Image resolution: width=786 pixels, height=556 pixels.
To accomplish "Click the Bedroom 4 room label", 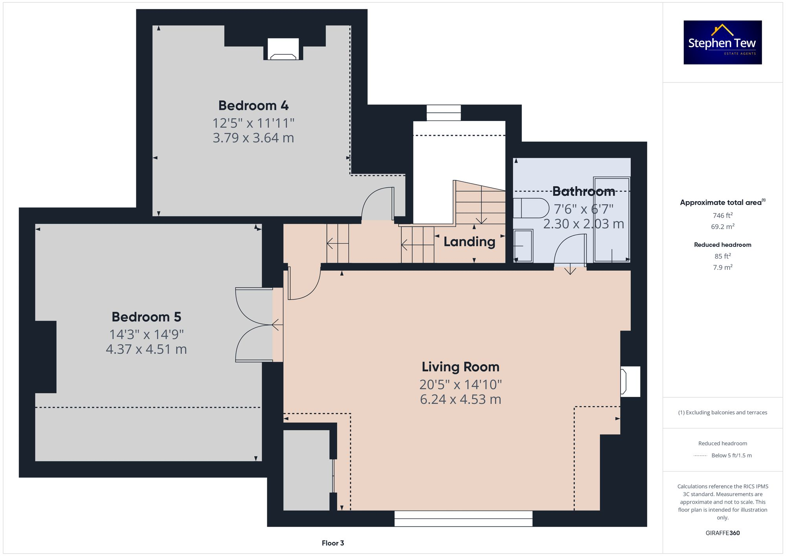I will coord(253,105).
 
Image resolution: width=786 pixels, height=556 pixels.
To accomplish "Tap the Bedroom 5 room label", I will coord(146,317).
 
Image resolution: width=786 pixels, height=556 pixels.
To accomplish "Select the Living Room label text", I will coord(460,367).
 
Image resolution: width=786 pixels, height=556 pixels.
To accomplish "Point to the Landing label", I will coord(469,242).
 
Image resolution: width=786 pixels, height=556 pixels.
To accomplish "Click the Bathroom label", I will coord(583,191).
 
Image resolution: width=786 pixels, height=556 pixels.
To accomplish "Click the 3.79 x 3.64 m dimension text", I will coord(253,138).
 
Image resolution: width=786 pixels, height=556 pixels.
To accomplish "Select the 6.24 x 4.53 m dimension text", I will coord(460,399).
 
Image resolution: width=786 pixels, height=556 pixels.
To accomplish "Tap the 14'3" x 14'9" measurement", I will coord(146,334).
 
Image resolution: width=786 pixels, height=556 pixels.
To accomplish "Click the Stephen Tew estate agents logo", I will coord(722,42).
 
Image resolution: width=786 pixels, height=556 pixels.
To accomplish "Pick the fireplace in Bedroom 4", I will coord(283,50).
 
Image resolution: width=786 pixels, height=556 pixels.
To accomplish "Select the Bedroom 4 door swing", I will coord(377,204).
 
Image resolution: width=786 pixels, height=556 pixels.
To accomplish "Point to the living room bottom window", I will coord(463,518).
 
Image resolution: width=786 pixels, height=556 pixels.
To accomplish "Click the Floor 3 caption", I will coord(332,543).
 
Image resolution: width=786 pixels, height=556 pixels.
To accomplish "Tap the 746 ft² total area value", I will coord(722,215).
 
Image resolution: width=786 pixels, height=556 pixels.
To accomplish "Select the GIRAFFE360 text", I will coord(722,533).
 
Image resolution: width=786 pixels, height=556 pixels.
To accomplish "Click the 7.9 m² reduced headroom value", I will coord(722,267).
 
